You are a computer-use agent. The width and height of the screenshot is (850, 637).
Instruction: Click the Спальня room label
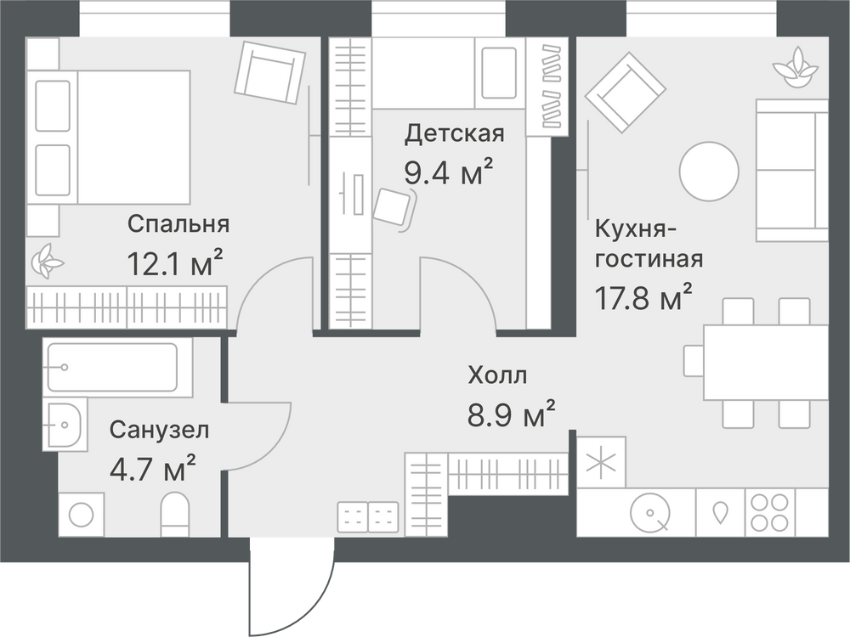[x=178, y=223]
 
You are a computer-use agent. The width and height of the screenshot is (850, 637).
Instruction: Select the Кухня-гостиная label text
[x=649, y=244]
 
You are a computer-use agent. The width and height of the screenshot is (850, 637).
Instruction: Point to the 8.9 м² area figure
[x=511, y=414]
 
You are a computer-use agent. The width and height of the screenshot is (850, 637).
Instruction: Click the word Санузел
[x=160, y=430]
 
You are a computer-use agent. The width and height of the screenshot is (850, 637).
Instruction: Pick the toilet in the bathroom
[x=174, y=514]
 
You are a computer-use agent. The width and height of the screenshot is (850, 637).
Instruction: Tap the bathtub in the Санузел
[x=118, y=367]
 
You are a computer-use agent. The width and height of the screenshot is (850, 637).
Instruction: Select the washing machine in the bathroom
[x=82, y=515]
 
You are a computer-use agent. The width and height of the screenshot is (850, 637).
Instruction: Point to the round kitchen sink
[x=650, y=512]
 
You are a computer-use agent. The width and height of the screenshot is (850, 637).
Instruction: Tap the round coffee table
[x=709, y=172]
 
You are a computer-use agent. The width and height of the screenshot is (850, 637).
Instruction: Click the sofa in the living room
[x=792, y=170]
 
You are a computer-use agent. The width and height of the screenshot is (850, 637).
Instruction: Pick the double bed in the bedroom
[x=109, y=138]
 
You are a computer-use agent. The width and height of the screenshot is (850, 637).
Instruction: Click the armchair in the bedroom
[x=270, y=72]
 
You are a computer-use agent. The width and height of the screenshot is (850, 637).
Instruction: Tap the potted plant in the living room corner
[x=796, y=68]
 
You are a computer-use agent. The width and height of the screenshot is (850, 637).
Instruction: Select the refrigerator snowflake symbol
[x=601, y=463]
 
